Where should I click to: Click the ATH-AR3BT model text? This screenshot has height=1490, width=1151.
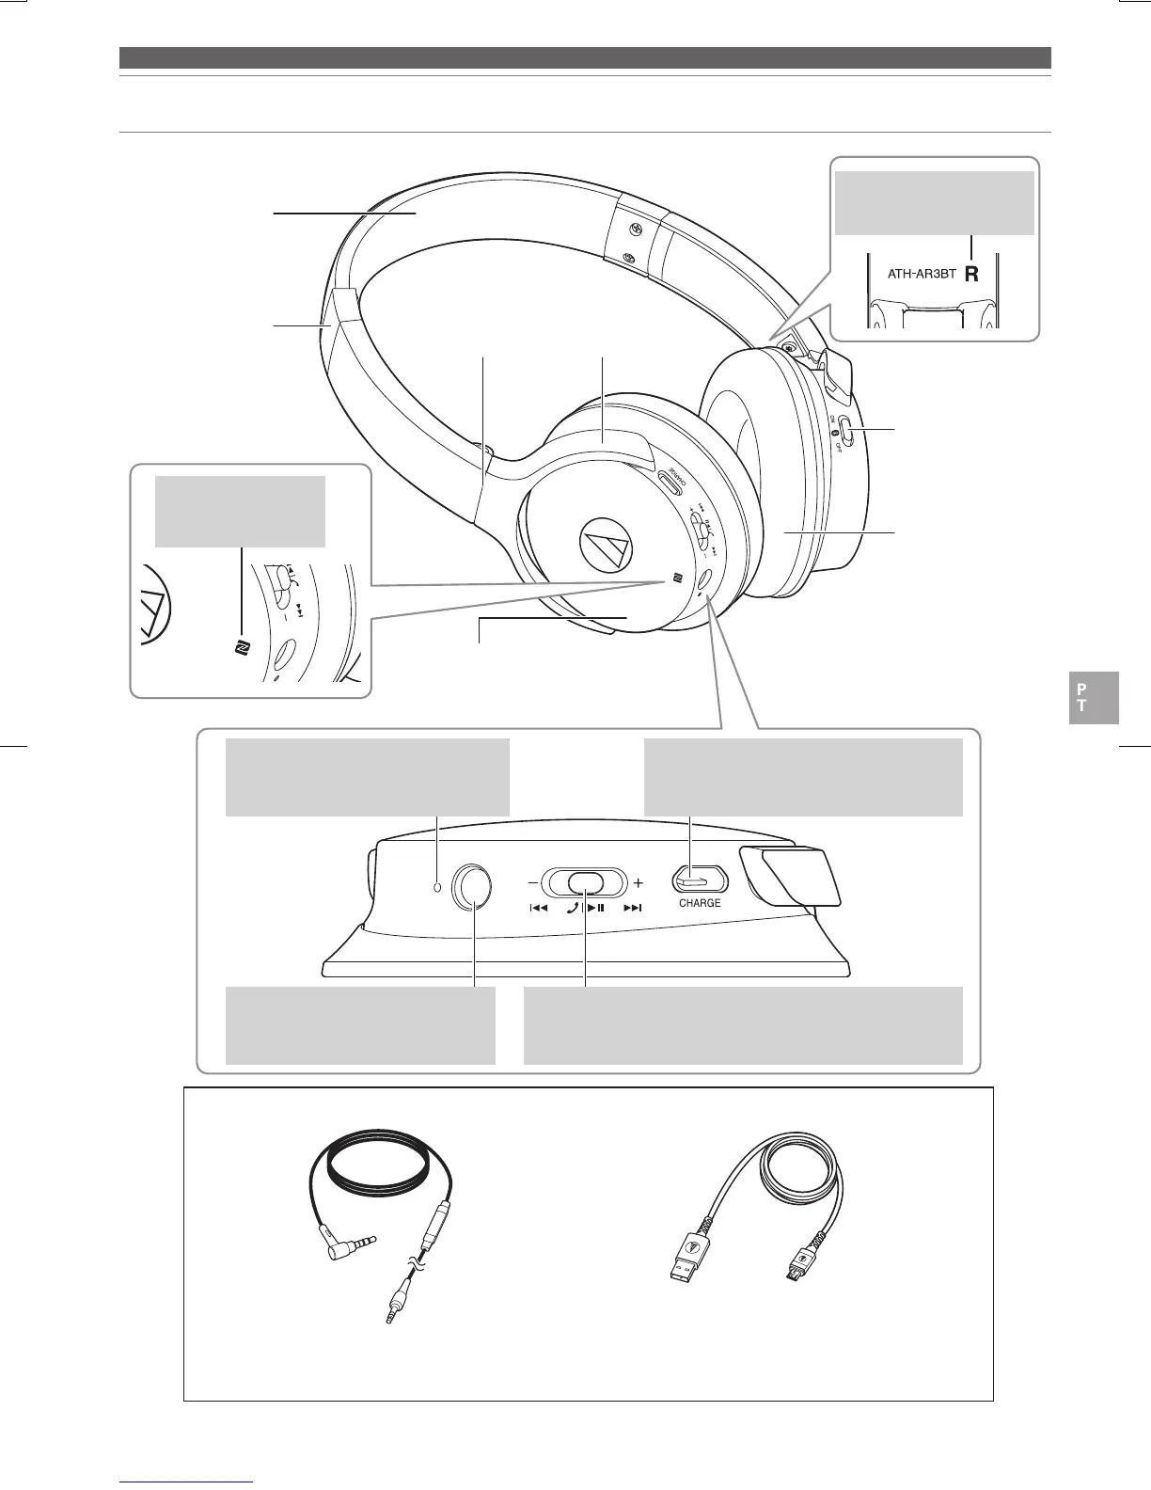click(x=922, y=275)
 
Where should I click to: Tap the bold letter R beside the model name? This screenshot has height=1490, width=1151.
click(x=972, y=276)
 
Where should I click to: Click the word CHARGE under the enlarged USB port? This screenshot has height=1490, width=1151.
click(x=700, y=903)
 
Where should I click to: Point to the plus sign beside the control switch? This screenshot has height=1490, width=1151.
click(x=639, y=883)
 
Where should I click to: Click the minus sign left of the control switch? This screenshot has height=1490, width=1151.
click(x=532, y=883)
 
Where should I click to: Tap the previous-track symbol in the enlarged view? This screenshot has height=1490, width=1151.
click(x=538, y=909)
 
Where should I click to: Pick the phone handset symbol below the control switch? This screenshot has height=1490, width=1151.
click(x=572, y=909)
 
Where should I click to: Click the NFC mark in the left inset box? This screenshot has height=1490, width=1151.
click(x=239, y=648)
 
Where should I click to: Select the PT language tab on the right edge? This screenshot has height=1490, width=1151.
click(x=1094, y=697)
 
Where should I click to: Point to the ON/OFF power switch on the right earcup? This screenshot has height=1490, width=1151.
click(x=847, y=433)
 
